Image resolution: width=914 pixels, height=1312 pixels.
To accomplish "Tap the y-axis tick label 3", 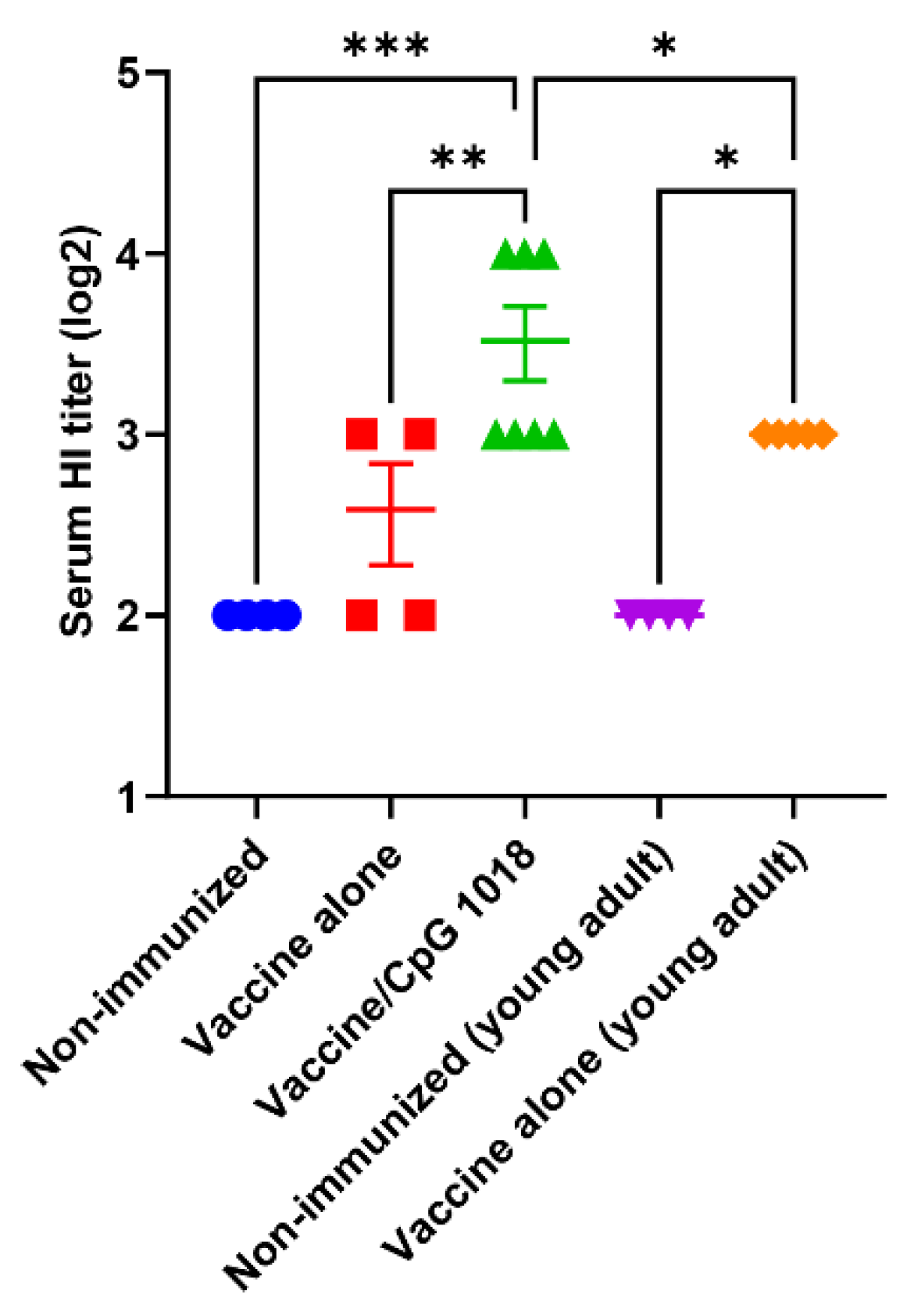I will click(129, 435).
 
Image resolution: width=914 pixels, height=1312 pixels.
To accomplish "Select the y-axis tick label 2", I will click(129, 617).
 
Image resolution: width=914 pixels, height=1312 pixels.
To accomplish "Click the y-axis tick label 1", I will click(129, 798).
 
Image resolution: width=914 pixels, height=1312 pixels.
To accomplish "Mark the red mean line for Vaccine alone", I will click(391, 509).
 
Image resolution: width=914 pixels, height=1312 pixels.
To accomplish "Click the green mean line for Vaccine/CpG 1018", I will click(525, 341).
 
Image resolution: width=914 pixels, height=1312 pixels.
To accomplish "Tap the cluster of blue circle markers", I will click(255, 616).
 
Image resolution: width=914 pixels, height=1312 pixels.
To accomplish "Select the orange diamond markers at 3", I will click(793, 434).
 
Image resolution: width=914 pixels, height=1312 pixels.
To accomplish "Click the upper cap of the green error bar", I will click(525, 306).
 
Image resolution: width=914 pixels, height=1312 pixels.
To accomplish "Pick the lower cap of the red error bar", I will click(391, 563).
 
